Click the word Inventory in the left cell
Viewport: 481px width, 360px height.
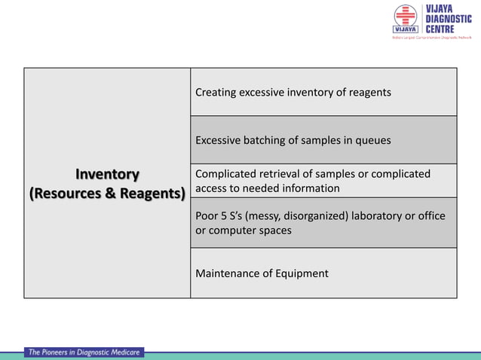(x=106, y=175)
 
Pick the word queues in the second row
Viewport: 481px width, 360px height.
(x=373, y=140)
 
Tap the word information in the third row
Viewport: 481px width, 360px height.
(x=309, y=188)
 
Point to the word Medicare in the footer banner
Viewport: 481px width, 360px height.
(x=121, y=352)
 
